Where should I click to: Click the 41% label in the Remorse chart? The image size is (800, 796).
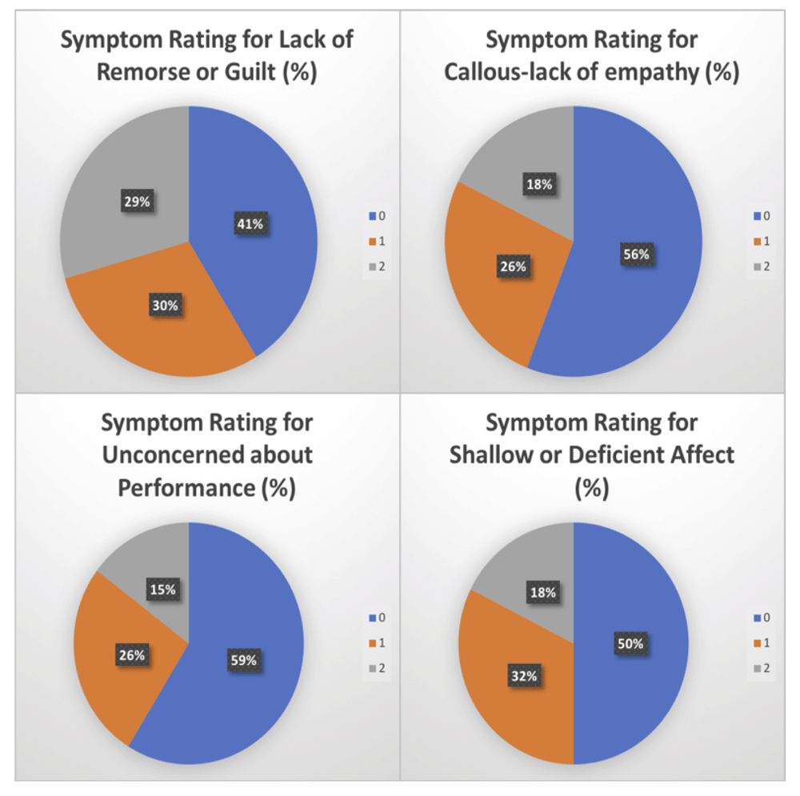coord(250,224)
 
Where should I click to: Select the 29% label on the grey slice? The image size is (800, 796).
coord(136,202)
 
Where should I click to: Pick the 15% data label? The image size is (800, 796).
coord(162,590)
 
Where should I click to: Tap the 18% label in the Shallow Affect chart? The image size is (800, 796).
coord(542,593)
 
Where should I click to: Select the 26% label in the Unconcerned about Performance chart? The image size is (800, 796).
coord(132,655)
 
